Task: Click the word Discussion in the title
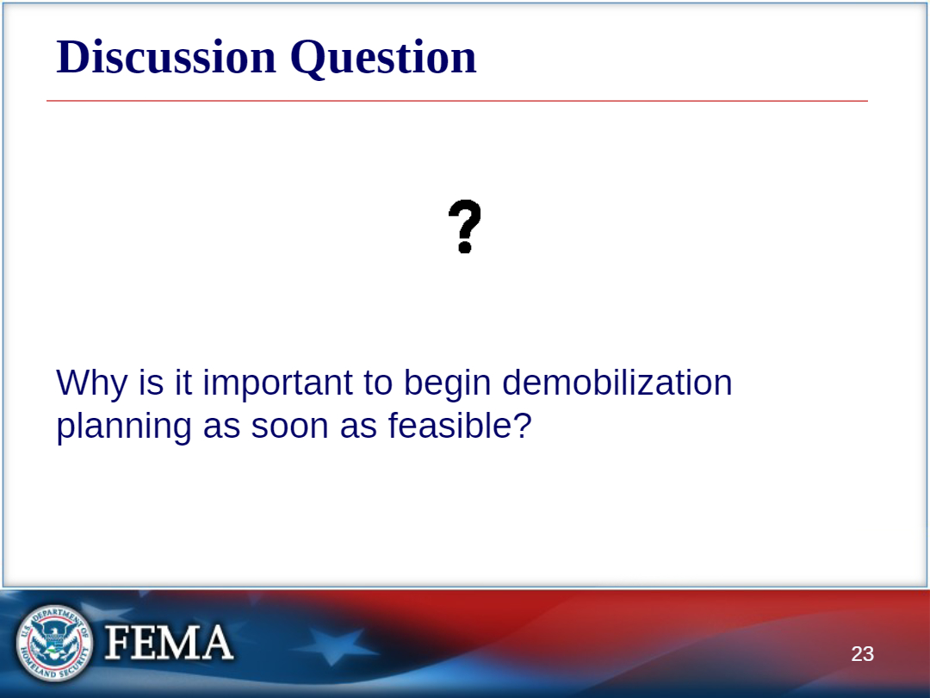166,57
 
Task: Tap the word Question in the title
383,59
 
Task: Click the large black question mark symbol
464,227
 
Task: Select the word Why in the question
91,383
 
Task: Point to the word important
278,383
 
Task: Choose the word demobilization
617,382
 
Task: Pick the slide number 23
862,653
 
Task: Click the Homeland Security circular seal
54,644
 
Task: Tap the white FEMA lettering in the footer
169,642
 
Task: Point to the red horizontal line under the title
456,101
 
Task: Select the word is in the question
151,383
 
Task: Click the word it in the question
183,383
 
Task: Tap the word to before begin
378,383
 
